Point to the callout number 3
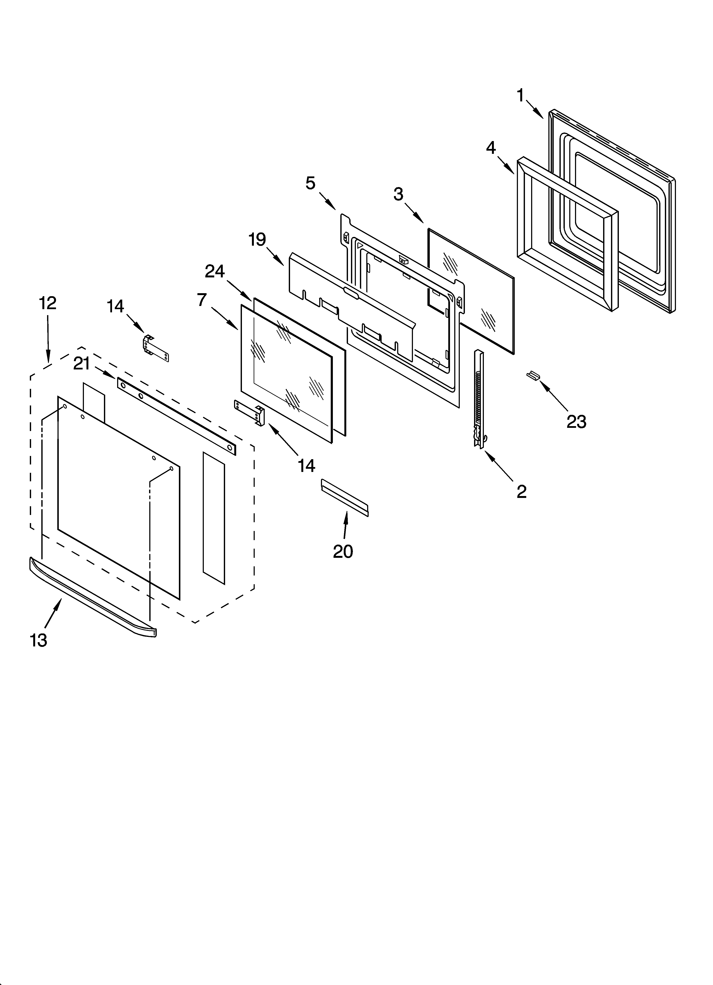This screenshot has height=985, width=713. (398, 194)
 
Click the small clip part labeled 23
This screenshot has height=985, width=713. (533, 375)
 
